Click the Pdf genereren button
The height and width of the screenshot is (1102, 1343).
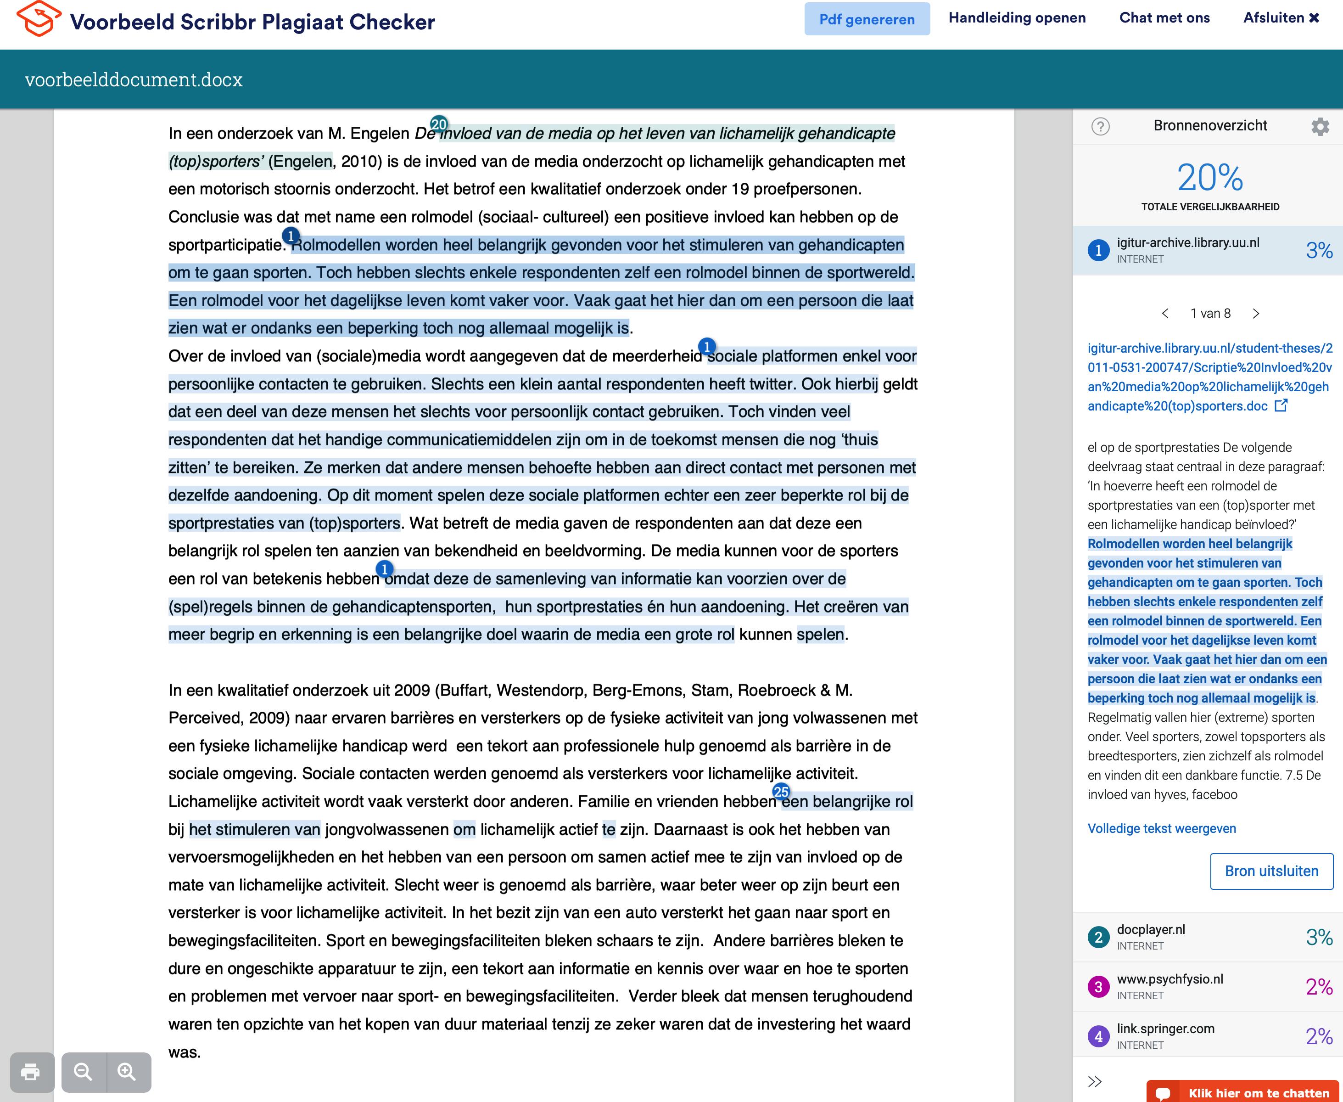[x=867, y=19]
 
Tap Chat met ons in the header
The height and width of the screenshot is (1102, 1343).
[x=1164, y=18]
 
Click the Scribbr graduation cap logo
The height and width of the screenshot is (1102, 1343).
[x=39, y=19]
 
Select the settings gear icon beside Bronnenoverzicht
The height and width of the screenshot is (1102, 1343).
[x=1320, y=126]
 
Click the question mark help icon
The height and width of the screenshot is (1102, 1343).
[x=1100, y=126]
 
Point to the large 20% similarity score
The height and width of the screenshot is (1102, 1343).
[x=1210, y=177]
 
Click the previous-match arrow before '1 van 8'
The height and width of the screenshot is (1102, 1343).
[x=1165, y=314]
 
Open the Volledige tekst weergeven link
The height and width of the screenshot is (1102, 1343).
[x=1162, y=828]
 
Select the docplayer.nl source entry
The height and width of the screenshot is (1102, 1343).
[x=1208, y=937]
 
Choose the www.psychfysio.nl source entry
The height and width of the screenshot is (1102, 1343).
[x=1208, y=986]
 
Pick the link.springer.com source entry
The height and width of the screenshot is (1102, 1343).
[x=1208, y=1036]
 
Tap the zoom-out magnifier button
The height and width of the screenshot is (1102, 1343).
[x=84, y=1072]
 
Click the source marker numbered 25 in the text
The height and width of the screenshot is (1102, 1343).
[x=781, y=792]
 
